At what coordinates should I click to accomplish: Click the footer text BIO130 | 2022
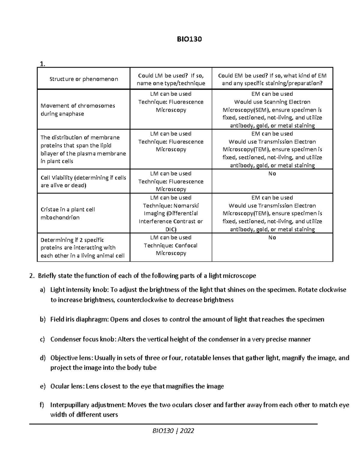pos(173,431)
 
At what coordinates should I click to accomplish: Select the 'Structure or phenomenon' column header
pos(84,79)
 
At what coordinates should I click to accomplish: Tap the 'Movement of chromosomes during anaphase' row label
pos(78,110)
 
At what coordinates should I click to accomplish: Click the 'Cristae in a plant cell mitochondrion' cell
pos(67,213)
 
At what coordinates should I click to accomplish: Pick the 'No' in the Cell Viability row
pos(272,174)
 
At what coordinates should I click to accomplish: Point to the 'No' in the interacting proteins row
pos(272,238)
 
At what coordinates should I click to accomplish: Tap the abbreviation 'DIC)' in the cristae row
pos(171,229)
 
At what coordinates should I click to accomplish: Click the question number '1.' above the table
pos(42,64)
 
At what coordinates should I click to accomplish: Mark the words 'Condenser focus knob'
pos(82,339)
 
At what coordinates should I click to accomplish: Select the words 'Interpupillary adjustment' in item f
pos(87,405)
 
